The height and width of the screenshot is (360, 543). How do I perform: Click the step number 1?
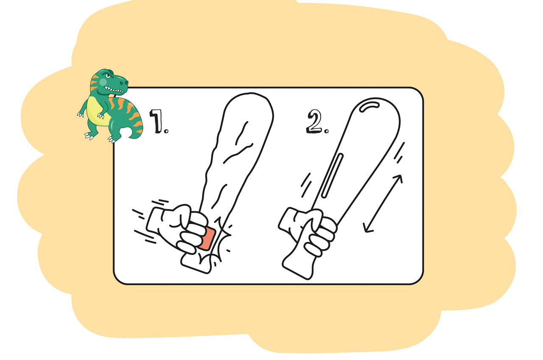pyautogui.click(x=158, y=121)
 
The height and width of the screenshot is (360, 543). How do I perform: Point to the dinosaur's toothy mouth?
pyautogui.click(x=116, y=90)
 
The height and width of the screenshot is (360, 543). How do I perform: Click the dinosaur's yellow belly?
pyautogui.click(x=96, y=111)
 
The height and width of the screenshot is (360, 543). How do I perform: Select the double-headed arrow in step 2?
pyautogui.click(x=383, y=204)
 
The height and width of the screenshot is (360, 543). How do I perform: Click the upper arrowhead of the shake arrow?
pyautogui.click(x=398, y=178)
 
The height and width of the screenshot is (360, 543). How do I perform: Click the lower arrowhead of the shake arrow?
pyautogui.click(x=367, y=229)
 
